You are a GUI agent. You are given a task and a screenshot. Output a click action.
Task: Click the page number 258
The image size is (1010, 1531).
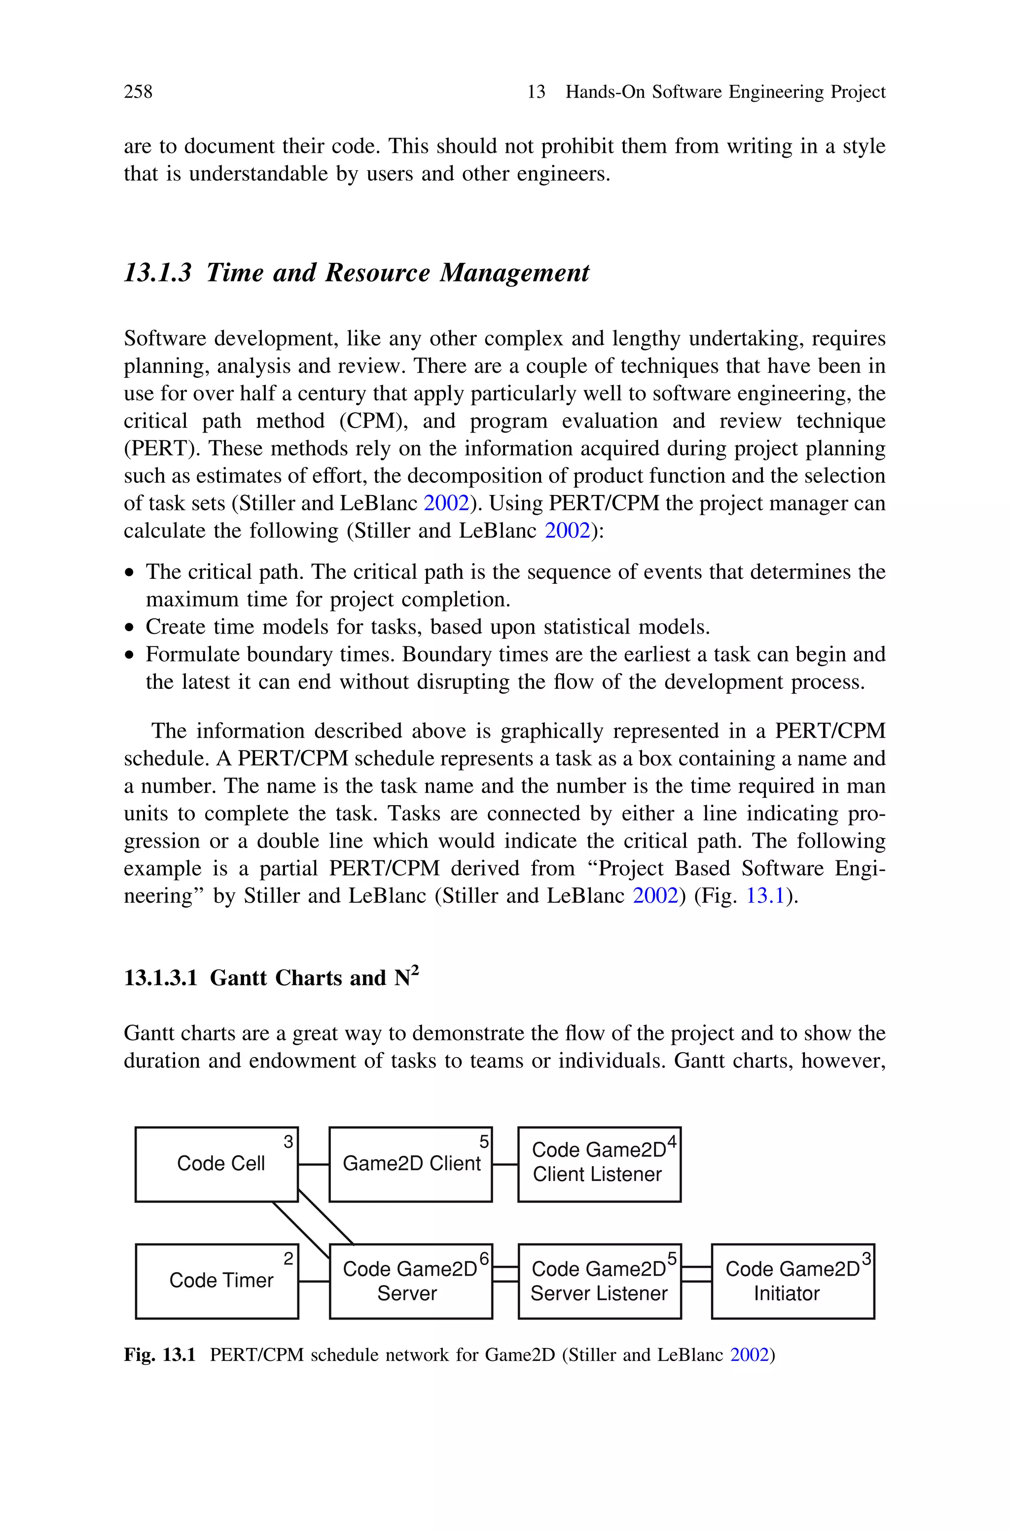tap(138, 92)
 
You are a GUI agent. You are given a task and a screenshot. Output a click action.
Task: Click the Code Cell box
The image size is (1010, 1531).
tap(216, 1164)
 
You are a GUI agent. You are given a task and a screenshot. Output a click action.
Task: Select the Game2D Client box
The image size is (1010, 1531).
tap(410, 1164)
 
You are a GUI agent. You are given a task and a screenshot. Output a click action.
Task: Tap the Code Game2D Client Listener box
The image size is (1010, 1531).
tap(599, 1164)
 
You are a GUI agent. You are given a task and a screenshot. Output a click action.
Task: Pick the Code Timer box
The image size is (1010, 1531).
tap(216, 1281)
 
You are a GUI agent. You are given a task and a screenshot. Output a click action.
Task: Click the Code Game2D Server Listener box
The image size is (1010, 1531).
tap(599, 1281)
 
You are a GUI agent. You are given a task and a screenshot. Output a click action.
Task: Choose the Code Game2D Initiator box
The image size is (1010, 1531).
tap(793, 1281)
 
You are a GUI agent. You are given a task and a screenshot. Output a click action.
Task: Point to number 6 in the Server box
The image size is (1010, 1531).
tap(484, 1257)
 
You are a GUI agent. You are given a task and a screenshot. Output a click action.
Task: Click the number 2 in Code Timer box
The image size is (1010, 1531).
tap(289, 1258)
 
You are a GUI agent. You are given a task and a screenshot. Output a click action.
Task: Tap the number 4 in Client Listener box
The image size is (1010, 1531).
tap(672, 1141)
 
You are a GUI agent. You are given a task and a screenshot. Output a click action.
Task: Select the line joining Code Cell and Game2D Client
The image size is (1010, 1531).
tap(314, 1164)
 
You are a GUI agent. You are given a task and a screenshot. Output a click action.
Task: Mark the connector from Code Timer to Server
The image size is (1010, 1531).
tap(314, 1281)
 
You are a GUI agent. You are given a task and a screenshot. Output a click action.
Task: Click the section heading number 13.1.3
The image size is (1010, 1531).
tap(158, 273)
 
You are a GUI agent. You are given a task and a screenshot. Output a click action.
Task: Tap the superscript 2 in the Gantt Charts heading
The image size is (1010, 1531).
tap(415, 970)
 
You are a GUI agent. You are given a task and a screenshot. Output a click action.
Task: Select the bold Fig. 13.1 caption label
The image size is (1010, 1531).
tap(160, 1354)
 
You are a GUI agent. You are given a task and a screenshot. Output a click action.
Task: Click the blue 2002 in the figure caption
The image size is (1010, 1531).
tap(750, 1354)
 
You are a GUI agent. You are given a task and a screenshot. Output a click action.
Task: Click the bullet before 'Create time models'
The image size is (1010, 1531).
tap(130, 628)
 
